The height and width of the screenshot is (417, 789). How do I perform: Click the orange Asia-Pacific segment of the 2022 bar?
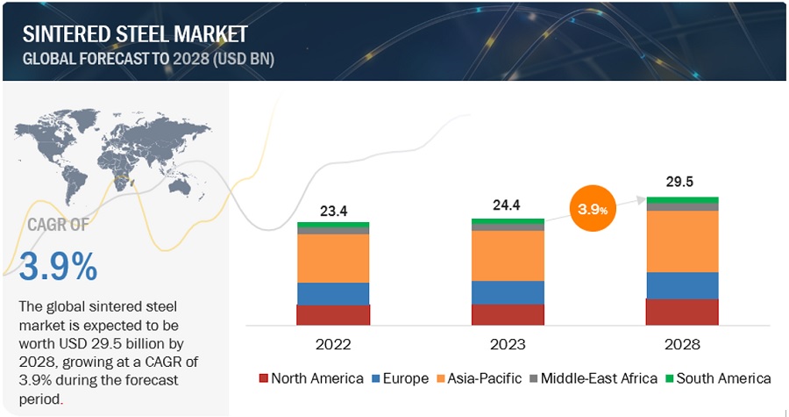coord(333,258)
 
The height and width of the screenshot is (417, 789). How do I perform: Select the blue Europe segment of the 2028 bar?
coord(682,285)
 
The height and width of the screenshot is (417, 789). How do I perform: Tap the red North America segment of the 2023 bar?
coord(508,315)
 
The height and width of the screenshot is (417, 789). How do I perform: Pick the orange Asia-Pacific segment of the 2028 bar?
coord(682,241)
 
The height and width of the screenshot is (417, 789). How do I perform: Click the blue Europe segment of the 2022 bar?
coord(333,293)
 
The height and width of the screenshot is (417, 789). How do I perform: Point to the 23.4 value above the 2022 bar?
coord(333,210)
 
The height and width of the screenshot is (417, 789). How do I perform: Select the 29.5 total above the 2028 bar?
coord(682,183)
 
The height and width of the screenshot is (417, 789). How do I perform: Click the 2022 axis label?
coord(333,345)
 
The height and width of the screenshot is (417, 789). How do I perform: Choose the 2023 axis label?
coord(508,345)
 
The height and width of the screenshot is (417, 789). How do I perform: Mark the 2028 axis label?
coord(682,345)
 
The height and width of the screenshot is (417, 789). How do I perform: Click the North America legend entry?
coord(310,378)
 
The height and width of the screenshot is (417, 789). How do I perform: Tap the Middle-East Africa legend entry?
coord(592,378)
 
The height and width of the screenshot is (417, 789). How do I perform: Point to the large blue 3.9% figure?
coord(59,268)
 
